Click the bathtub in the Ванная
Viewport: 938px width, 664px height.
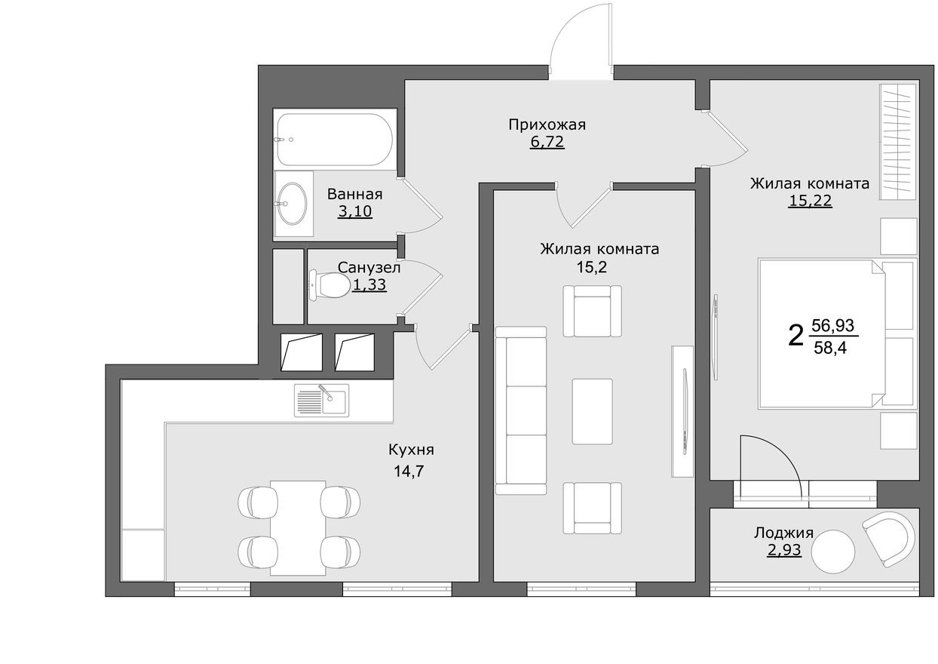[x=334, y=140]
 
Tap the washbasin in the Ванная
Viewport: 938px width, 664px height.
[x=293, y=201]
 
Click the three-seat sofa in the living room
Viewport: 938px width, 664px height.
[x=521, y=410]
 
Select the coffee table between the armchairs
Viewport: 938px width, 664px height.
[x=592, y=411]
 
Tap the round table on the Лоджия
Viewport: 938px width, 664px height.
[x=834, y=552]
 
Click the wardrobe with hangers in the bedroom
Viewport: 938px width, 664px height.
[x=898, y=141]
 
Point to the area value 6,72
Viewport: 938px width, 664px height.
[x=547, y=142]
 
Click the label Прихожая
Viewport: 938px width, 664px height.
[x=547, y=124]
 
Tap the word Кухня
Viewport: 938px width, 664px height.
[x=411, y=450]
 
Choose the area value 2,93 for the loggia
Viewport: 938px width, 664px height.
[x=783, y=550]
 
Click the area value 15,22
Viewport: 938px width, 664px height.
[x=810, y=201]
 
